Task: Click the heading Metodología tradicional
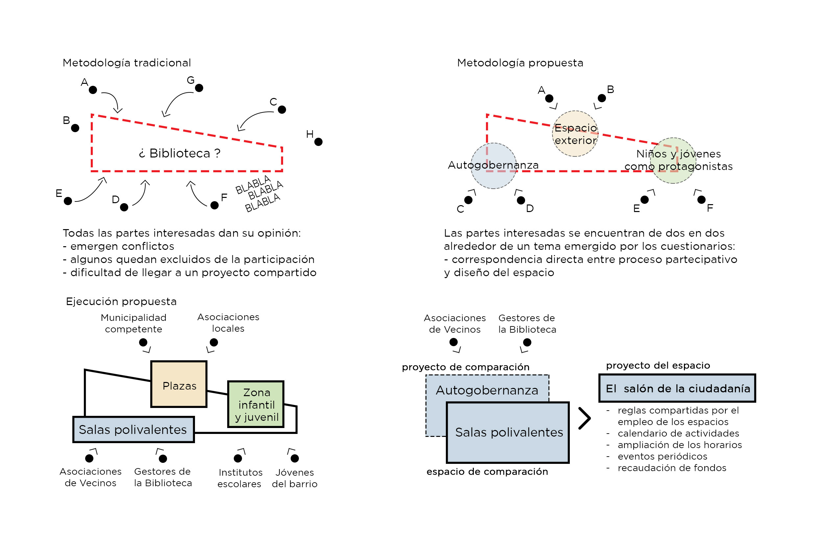tap(127, 63)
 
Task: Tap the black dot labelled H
tap(318, 142)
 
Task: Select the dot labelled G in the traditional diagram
tap(199, 88)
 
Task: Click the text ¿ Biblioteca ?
tap(180, 153)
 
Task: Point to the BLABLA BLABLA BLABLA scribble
tap(259, 194)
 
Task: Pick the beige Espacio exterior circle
tap(575, 133)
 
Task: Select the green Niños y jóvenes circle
tap(673, 160)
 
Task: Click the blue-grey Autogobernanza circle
tap(494, 166)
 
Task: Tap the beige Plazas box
tap(179, 384)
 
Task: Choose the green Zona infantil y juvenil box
tap(256, 404)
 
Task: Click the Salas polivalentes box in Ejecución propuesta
tap(133, 430)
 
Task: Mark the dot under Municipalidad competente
tap(143, 342)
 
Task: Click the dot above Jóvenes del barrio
tap(295, 458)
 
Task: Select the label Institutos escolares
tap(240, 478)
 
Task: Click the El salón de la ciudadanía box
tap(677, 388)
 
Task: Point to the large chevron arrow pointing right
tap(585, 418)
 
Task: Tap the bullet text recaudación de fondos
tap(672, 468)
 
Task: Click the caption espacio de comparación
tap(487, 472)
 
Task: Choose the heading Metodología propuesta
tap(520, 63)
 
